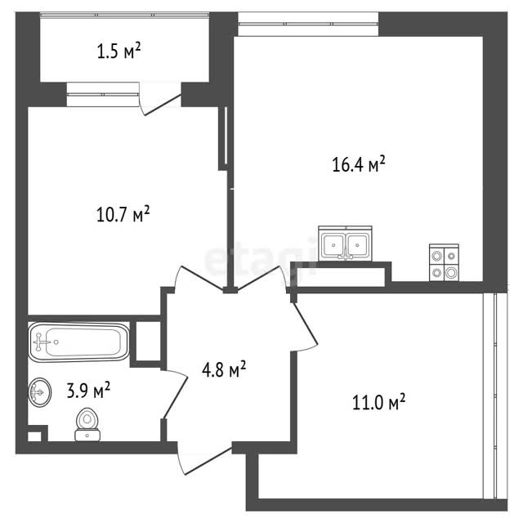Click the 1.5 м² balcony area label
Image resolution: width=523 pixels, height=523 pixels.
(x=118, y=51)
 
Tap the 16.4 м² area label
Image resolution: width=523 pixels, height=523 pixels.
(x=359, y=164)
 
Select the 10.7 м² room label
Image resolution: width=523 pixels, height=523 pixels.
(x=123, y=214)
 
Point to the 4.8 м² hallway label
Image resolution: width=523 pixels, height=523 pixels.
(x=224, y=369)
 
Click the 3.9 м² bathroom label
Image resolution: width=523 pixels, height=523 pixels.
(x=88, y=390)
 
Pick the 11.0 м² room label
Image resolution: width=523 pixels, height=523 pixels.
(x=379, y=402)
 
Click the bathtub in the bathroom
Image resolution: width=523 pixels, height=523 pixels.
(x=78, y=342)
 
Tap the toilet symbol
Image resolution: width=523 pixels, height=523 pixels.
(x=87, y=424)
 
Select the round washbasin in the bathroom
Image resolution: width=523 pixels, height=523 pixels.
(x=40, y=392)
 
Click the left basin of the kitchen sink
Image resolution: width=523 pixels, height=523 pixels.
(x=333, y=245)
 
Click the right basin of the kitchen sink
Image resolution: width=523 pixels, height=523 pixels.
(x=357, y=245)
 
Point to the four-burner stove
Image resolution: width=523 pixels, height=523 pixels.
(x=444, y=262)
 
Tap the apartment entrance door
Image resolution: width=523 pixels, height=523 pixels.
(x=204, y=461)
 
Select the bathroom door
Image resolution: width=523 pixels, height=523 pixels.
(x=174, y=395)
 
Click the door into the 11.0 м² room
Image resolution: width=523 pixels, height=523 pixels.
(x=305, y=327)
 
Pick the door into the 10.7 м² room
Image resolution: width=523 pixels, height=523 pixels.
(x=199, y=278)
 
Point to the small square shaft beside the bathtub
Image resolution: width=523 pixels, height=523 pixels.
(x=148, y=341)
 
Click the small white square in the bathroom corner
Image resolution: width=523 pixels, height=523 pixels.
(x=34, y=436)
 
